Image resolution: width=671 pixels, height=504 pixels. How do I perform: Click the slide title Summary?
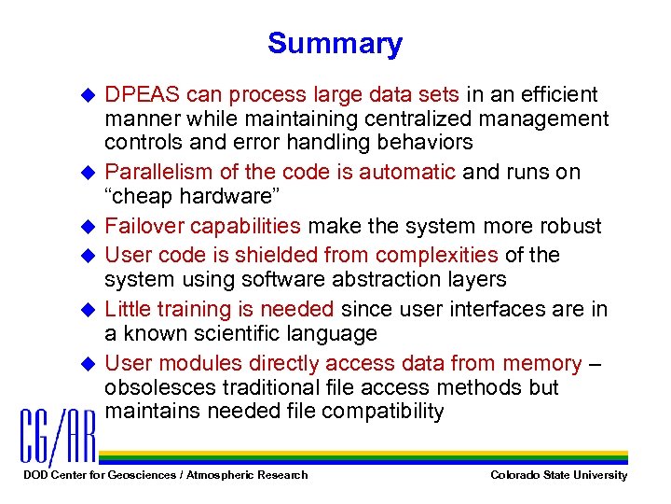[x=335, y=43]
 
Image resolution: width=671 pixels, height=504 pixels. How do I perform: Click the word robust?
[x=570, y=227]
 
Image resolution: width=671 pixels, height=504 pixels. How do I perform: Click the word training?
[x=195, y=309]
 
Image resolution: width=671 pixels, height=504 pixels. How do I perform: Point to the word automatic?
[x=407, y=173]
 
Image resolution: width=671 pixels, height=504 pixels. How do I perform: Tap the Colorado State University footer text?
[x=558, y=475]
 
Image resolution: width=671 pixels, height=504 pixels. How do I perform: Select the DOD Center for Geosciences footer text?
[x=164, y=475]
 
